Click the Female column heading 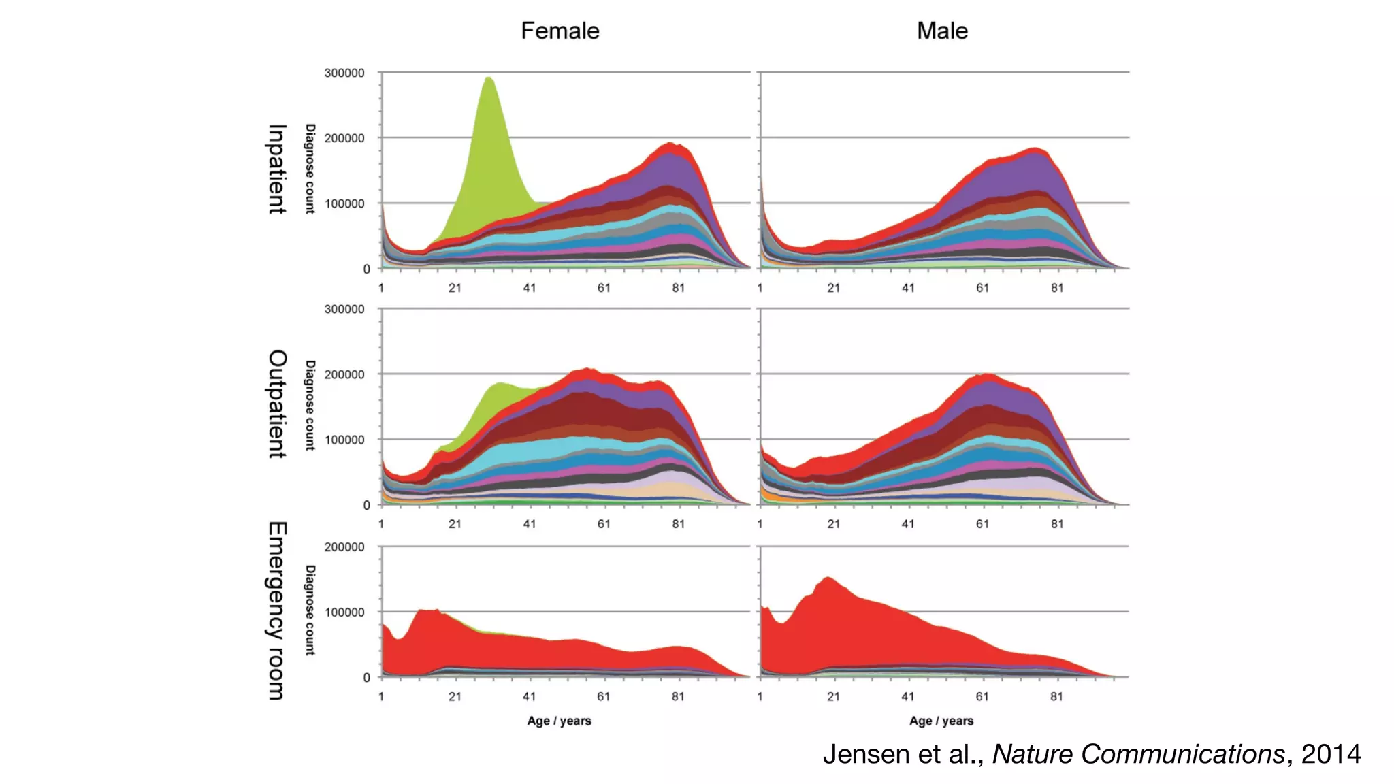[560, 31]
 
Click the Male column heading [942, 31]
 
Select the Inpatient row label [277, 169]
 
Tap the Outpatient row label [277, 404]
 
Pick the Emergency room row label [277, 610]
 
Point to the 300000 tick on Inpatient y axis [344, 73]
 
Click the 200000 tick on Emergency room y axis [344, 547]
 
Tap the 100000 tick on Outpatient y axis [344, 440]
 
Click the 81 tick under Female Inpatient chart [678, 288]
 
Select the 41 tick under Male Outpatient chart [908, 524]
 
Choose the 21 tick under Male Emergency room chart [833, 696]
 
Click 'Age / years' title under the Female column [559, 721]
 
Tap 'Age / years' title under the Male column [941, 721]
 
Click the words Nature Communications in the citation [1138, 754]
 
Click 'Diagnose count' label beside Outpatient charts [310, 405]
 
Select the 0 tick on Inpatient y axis [367, 269]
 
